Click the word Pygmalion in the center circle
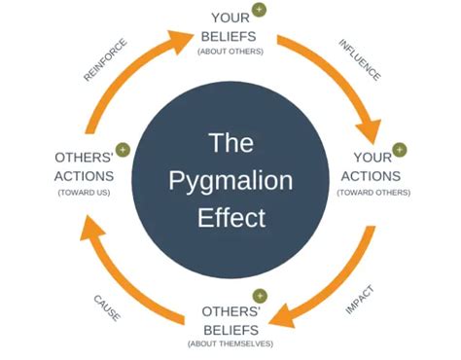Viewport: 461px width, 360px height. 230,180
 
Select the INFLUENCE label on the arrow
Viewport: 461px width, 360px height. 359,60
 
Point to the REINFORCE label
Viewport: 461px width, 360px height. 105,60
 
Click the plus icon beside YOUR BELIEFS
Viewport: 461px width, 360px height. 259,10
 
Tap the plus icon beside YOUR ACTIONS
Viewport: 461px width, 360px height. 399,150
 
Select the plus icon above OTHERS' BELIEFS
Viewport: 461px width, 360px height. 259,295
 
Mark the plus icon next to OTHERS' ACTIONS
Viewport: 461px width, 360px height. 124,150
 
